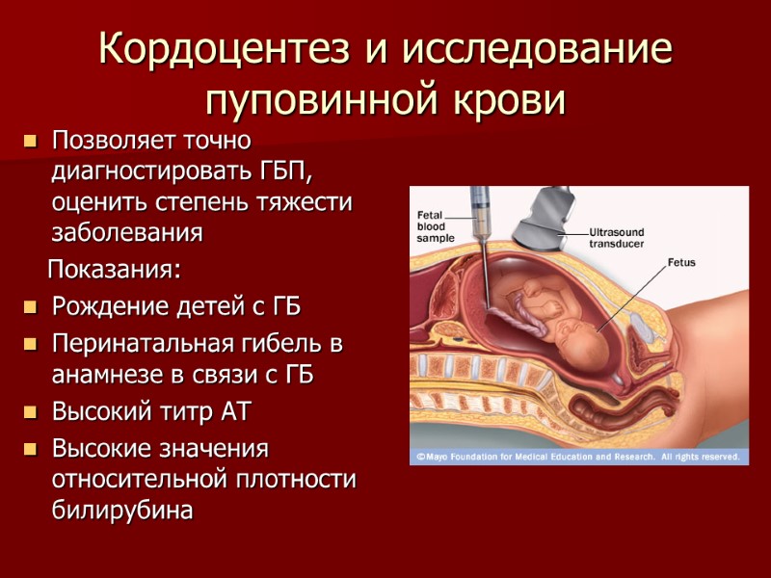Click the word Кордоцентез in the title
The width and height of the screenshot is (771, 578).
pyautogui.click(x=227, y=49)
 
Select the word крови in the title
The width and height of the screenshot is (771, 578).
pyautogui.click(x=516, y=98)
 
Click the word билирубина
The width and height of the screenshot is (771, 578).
pyautogui.click(x=121, y=511)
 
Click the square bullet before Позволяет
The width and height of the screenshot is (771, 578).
pyautogui.click(x=29, y=142)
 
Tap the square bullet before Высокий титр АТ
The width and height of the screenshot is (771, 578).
pyautogui.click(x=29, y=413)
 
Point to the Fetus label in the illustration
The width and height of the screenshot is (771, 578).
pyautogui.click(x=680, y=262)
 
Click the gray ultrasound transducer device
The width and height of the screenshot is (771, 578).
pyautogui.click(x=546, y=218)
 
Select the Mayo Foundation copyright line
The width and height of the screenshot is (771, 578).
pyautogui.click(x=577, y=456)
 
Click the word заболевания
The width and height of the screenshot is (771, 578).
pyautogui.click(x=127, y=232)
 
